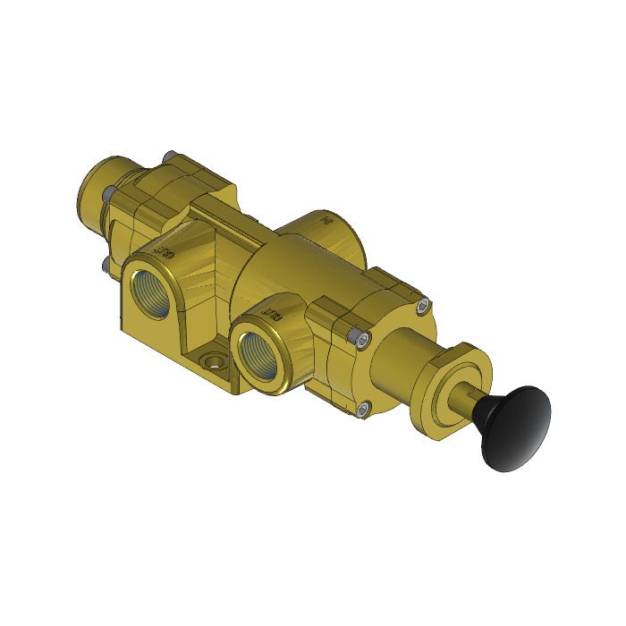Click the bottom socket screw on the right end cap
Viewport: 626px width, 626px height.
click(x=362, y=410)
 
